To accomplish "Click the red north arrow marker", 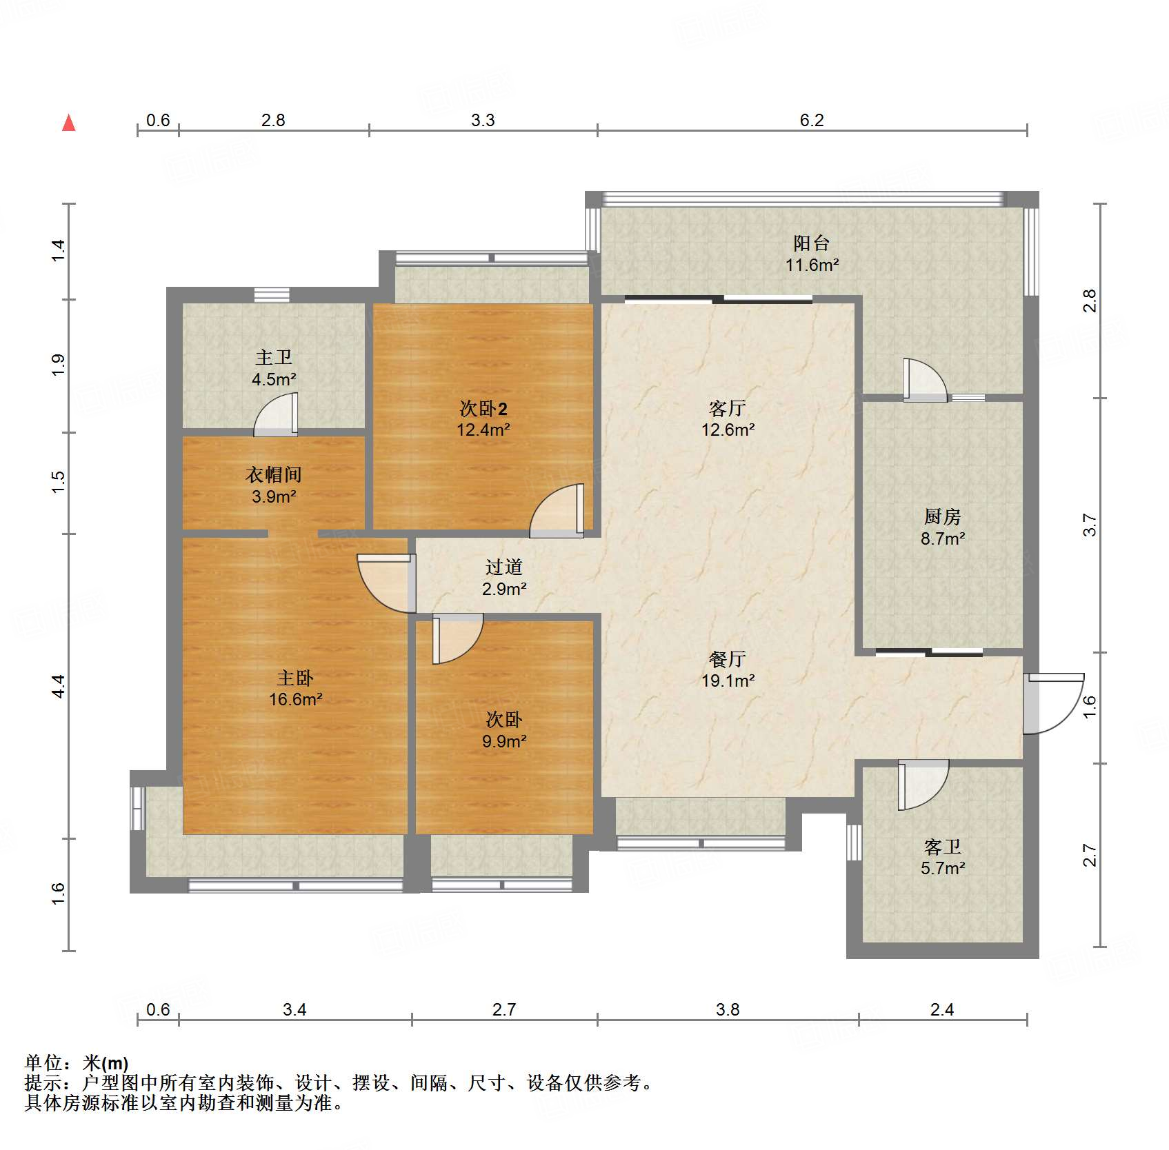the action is tap(69, 123).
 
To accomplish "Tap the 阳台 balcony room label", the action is tap(811, 243).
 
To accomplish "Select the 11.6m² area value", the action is tap(812, 265).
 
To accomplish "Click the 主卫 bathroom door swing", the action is tap(276, 415).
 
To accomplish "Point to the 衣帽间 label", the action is tap(274, 474).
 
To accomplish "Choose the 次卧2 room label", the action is tap(483, 409).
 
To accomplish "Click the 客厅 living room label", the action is tap(728, 409).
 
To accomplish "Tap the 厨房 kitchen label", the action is tap(942, 516).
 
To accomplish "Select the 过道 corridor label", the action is tap(504, 567).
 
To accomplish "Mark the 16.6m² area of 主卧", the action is tap(295, 700).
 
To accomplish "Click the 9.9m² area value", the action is tap(504, 741).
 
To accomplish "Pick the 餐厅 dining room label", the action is tap(728, 660).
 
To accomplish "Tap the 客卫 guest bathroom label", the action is tap(942, 847).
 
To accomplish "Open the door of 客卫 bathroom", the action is tap(923, 785).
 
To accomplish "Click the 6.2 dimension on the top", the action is tap(812, 120).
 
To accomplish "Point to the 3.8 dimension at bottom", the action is tap(728, 1009).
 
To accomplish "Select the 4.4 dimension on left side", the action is tap(59, 686).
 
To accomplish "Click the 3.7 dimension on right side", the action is tap(1089, 525).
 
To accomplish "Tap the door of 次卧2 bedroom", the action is tap(557, 511).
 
